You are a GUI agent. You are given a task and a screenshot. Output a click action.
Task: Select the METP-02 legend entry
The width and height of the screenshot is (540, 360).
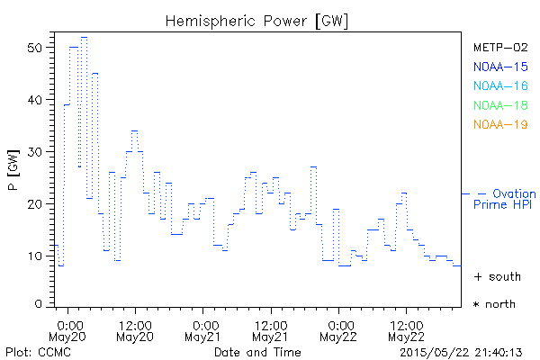499,47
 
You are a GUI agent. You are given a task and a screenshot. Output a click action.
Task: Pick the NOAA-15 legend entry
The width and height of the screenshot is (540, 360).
499,67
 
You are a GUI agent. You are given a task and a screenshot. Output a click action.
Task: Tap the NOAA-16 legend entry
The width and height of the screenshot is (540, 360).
499,86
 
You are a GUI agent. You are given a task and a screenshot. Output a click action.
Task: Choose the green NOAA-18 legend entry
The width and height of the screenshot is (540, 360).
499,105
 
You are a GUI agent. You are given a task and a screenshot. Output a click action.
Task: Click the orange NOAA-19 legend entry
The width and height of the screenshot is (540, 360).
499,124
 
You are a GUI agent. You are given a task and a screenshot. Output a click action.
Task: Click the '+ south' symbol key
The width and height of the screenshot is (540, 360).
495,276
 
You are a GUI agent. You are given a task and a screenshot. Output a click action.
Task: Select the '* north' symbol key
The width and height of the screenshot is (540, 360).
495,304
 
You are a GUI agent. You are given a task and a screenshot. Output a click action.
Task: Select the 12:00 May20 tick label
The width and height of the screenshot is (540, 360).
135,329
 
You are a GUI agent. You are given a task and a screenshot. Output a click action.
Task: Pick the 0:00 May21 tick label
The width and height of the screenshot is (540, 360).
203,329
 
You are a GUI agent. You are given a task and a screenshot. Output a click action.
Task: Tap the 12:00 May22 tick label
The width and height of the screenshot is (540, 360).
407,329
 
